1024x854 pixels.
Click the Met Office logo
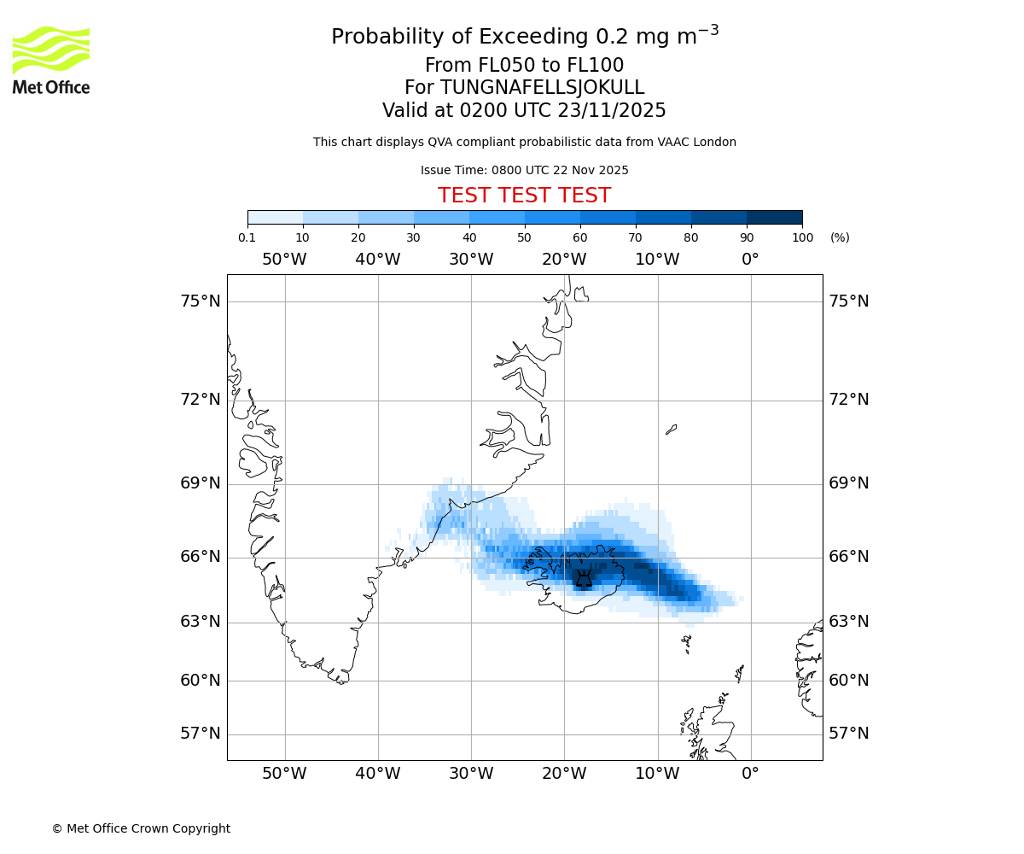click(51, 60)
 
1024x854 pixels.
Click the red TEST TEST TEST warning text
click(524, 196)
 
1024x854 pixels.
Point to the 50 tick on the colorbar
click(525, 237)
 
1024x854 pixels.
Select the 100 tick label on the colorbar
click(802, 237)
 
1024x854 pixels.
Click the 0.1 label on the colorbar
click(247, 237)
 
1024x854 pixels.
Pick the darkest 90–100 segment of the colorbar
click(774, 217)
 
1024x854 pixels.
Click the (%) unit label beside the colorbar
click(840, 237)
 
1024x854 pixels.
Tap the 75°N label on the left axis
click(201, 301)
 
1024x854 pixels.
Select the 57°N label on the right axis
click(849, 734)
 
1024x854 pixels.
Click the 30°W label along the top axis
click(471, 260)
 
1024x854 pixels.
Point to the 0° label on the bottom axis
click(750, 774)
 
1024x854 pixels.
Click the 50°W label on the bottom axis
click(284, 774)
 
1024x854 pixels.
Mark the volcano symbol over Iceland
click(584, 579)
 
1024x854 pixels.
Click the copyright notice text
click(141, 828)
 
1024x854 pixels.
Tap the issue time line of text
click(524, 170)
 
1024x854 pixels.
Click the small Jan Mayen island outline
click(671, 430)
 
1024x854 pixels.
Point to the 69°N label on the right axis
click(849, 483)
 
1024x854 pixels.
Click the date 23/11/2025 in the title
click(612, 111)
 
